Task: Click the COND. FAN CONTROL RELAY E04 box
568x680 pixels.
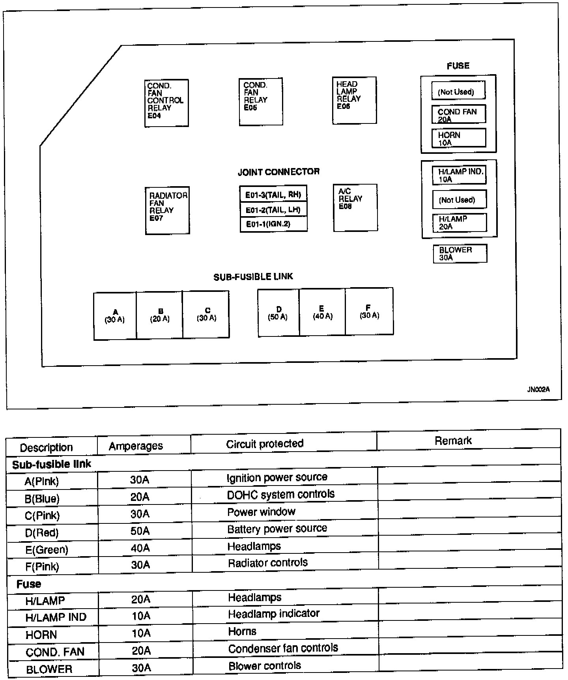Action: point(166,103)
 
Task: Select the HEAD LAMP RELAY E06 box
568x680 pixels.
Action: point(354,100)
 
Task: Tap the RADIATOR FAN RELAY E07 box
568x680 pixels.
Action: point(167,210)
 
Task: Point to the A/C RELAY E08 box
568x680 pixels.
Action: point(355,207)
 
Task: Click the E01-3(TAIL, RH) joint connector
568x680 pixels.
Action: point(273,195)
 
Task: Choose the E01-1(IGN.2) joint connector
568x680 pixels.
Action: point(273,224)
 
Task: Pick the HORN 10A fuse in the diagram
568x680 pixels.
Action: point(458,138)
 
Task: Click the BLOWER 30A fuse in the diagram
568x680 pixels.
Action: point(460,254)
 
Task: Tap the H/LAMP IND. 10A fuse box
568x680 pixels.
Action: point(459,176)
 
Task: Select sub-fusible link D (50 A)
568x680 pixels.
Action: point(278,313)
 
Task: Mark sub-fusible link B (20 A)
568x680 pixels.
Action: point(159,315)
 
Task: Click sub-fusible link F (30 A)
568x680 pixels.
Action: point(369,312)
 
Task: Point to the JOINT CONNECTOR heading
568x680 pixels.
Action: point(278,172)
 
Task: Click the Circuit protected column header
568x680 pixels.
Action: point(265,444)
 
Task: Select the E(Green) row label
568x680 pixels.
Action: point(47,549)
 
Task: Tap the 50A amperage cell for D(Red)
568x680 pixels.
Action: point(140,531)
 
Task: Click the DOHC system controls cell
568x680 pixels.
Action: point(280,494)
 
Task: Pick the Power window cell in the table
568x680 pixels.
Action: point(261,512)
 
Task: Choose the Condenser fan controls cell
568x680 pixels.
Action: point(283,648)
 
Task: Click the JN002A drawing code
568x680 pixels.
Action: point(538,390)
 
